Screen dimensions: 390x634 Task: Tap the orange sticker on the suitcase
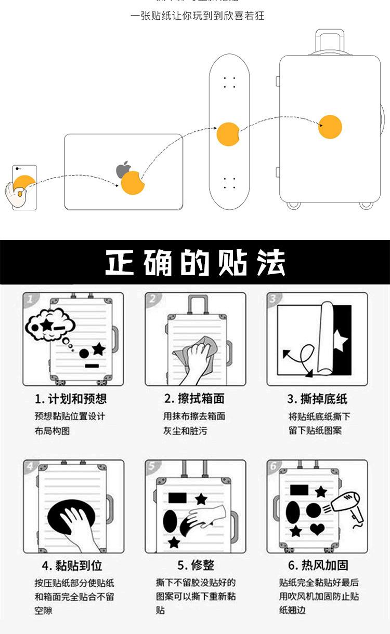tap(330, 127)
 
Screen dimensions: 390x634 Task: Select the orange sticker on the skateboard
tap(227, 134)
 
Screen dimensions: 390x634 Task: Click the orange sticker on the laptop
tap(132, 183)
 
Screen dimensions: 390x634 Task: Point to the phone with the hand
tap(24, 187)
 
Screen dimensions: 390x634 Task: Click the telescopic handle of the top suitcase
tap(330, 42)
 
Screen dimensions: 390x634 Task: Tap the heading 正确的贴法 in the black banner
tap(195, 263)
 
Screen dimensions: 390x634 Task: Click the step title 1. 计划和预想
tap(71, 399)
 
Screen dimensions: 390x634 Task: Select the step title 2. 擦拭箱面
tap(194, 399)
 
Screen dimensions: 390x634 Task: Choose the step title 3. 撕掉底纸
tap(317, 399)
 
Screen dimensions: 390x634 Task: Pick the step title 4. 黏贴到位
tap(72, 565)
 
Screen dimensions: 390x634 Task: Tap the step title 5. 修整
tap(196, 565)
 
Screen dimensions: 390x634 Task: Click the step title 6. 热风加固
tap(318, 565)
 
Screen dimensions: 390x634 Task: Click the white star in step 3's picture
tap(341, 341)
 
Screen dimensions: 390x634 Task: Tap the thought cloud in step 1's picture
tap(49, 326)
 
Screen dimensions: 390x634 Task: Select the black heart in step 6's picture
tap(317, 529)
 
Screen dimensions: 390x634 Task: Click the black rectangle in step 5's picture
tap(177, 498)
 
